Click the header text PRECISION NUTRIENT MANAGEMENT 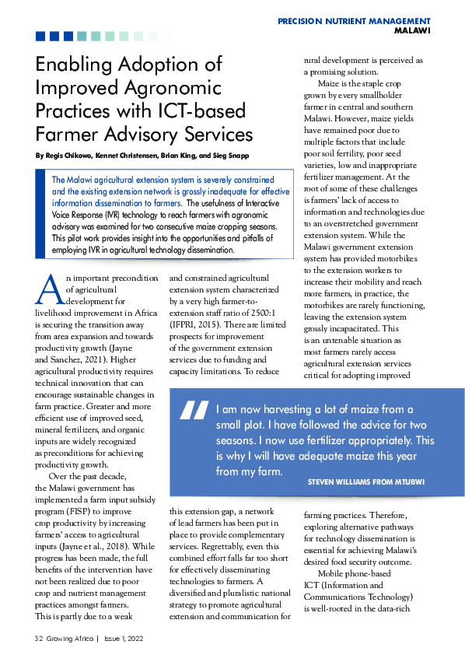(x=354, y=20)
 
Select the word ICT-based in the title (x=203, y=110)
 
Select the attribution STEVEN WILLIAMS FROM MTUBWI (x=365, y=482)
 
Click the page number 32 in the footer (x=38, y=638)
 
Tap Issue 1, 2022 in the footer (x=122, y=638)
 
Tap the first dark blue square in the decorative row (x=40, y=36)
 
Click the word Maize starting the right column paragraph (x=331, y=83)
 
